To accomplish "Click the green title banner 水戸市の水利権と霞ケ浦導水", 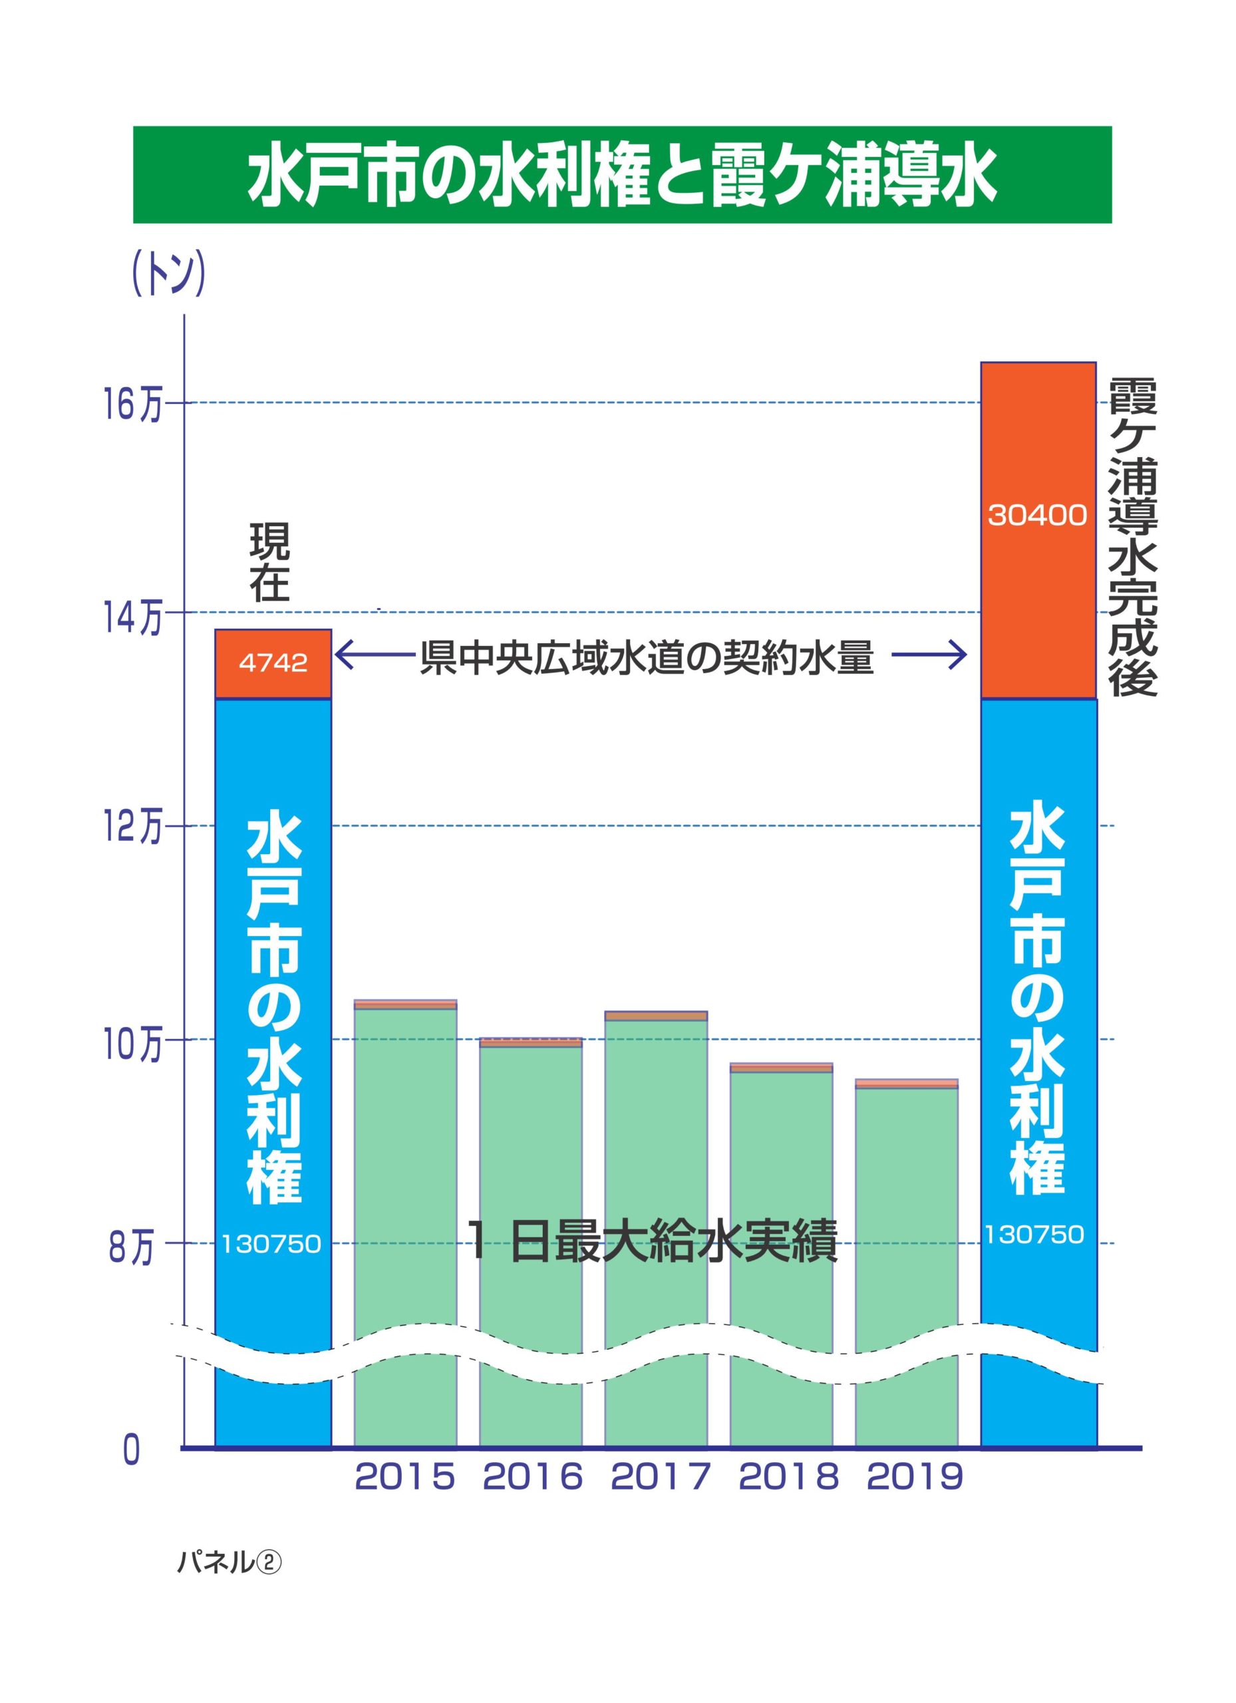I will click(x=622, y=174).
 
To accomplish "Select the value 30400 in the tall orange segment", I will click(x=1037, y=516).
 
